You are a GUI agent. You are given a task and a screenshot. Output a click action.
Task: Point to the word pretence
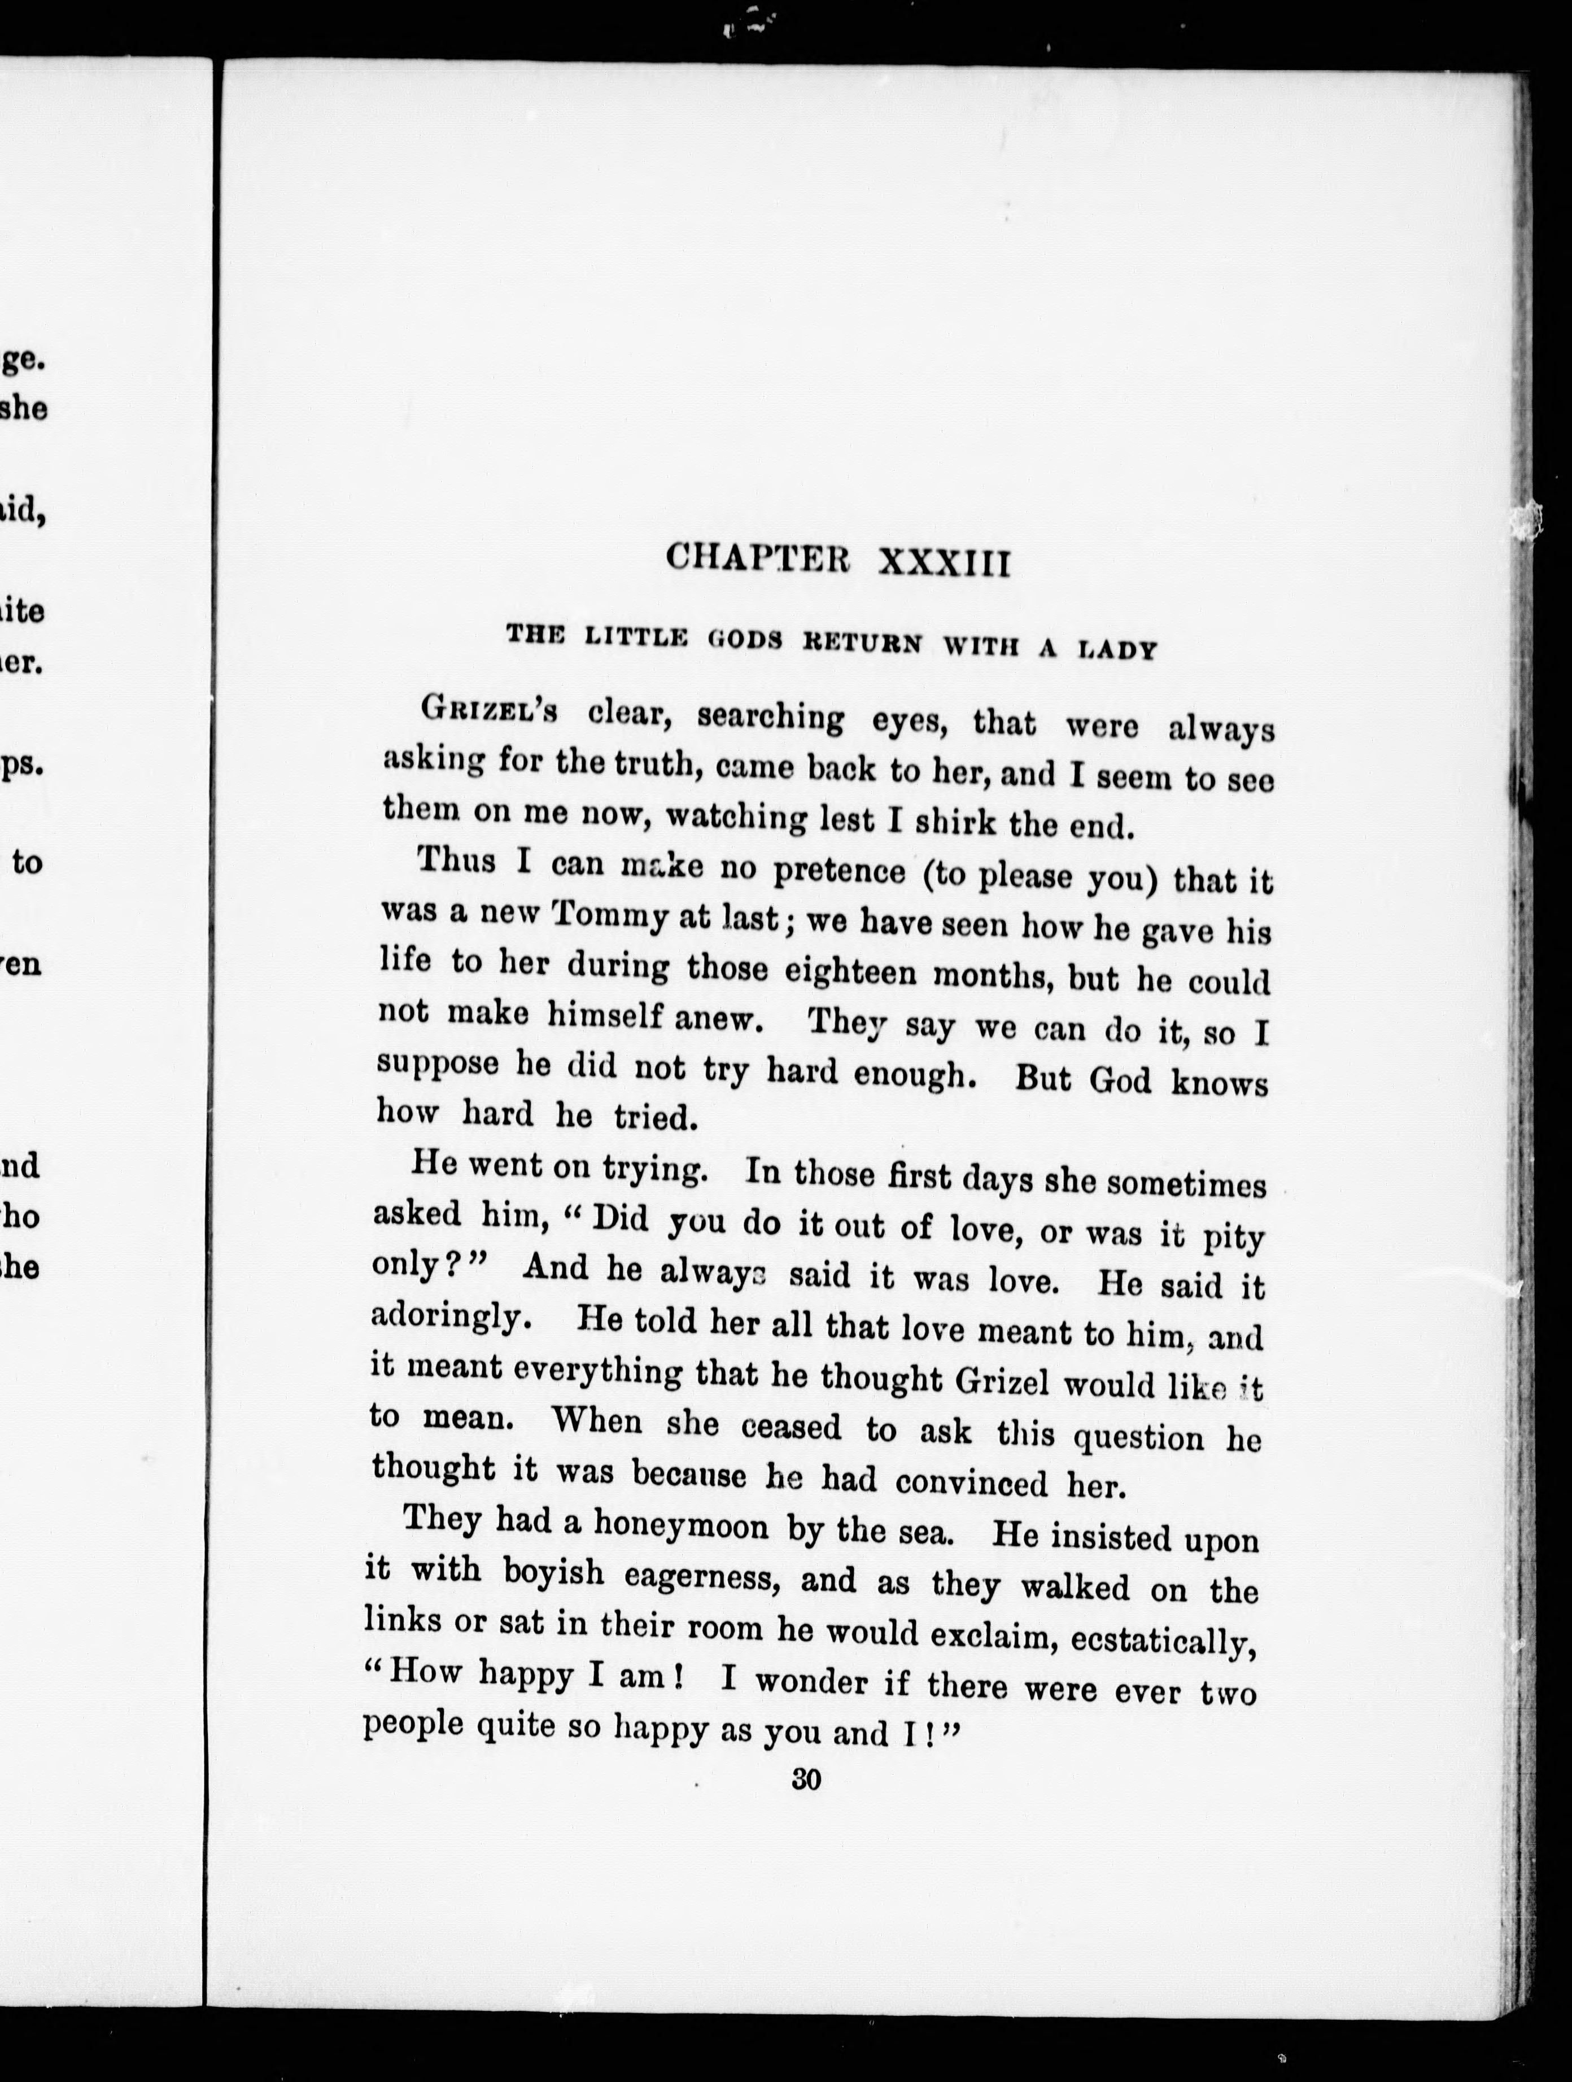pos(839,873)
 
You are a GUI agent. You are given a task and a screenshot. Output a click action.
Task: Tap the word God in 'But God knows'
pos(1120,1079)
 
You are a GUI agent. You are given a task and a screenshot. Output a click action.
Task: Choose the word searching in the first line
pos(771,718)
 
